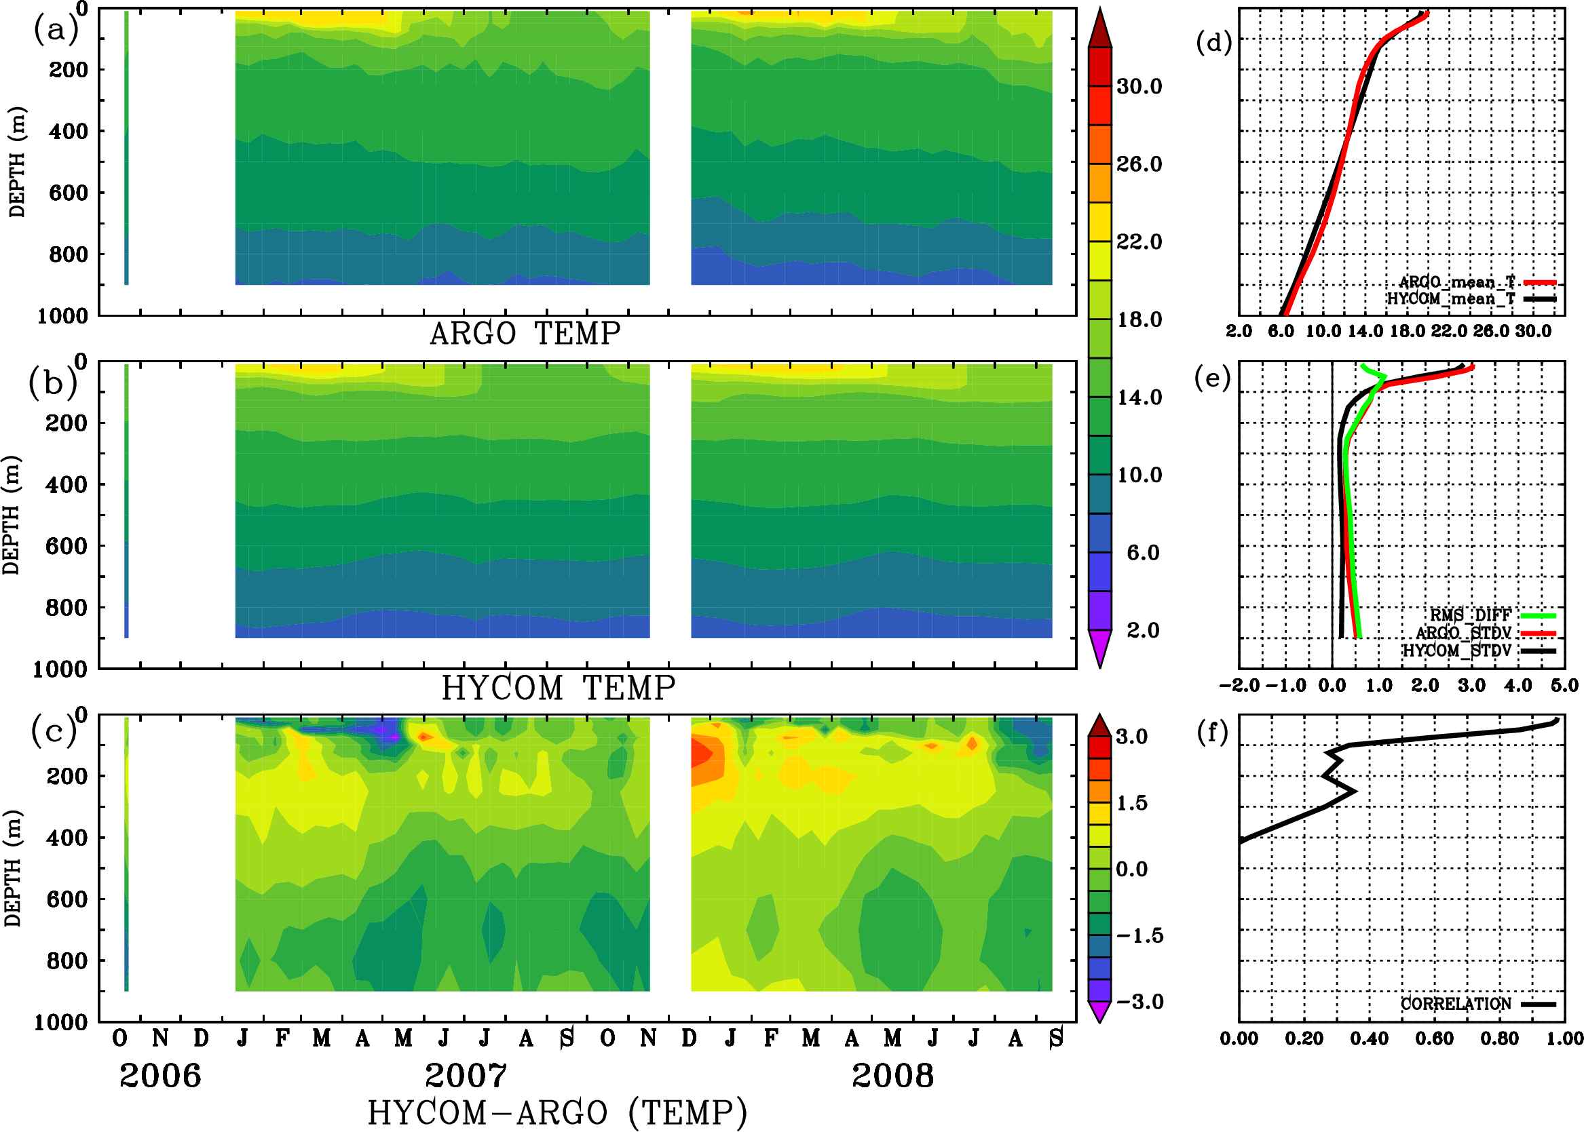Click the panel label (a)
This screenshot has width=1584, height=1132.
pos(55,30)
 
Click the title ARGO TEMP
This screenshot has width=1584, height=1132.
pos(525,334)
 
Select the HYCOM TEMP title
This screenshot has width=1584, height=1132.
pos(558,688)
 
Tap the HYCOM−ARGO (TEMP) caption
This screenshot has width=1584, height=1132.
pos(557,1112)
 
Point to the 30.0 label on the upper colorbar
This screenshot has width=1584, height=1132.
pos(1139,86)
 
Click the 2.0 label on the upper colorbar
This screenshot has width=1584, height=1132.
pos(1142,630)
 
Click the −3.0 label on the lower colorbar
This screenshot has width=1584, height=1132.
pos(1139,1002)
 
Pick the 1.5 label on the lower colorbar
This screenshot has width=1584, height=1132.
pos(1131,803)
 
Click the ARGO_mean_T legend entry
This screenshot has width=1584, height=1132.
pos(1456,282)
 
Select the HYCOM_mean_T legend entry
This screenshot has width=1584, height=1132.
pos(1451,299)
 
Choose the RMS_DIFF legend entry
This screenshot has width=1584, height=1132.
pos(1470,615)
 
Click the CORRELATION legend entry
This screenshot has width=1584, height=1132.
pos(1456,1004)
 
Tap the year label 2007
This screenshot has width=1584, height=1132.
pos(466,1076)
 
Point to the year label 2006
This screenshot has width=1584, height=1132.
pos(159,1076)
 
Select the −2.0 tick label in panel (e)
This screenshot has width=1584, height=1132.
pos(1239,686)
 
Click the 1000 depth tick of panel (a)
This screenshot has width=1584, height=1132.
pos(62,316)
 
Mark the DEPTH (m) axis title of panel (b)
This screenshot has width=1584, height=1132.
pos(12,515)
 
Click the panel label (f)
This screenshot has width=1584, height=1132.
pos(1211,733)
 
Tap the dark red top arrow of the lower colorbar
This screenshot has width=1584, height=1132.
pos(1099,726)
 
